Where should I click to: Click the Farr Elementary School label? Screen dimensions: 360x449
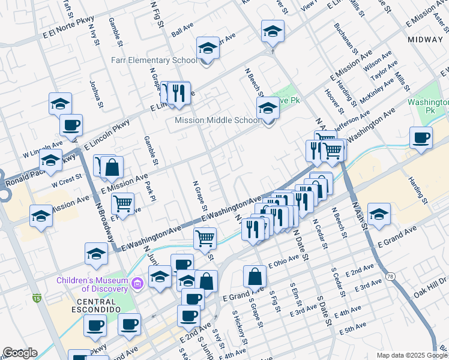(154, 60)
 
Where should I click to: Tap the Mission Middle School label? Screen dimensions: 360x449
(217, 120)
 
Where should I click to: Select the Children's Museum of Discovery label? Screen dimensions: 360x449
(92, 284)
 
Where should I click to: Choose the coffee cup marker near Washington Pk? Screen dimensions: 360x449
(421, 137)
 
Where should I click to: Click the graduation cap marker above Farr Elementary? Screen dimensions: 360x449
(208, 47)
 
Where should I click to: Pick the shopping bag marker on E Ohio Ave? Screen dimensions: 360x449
(255, 277)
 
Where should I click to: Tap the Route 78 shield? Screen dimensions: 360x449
(391, 276)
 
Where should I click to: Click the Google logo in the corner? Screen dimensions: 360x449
(20, 353)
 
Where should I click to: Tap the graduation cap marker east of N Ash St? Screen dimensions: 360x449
(379, 214)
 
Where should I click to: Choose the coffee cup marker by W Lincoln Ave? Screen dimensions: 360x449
(71, 125)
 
